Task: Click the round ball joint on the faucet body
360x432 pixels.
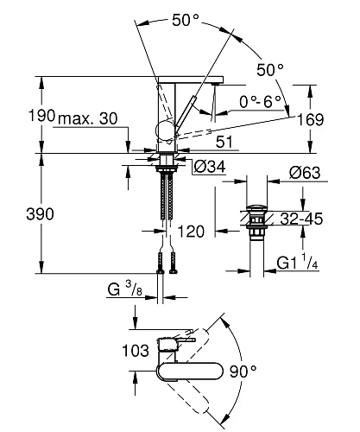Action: click(x=162, y=131)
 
